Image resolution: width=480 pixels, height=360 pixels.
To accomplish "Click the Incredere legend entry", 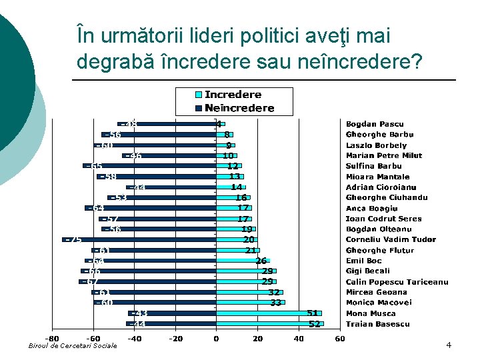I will coord(233,95).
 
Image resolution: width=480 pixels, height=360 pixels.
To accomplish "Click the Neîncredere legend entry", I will coord(239,108).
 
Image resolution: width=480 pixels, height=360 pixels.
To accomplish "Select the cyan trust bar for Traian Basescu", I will coord(269,324).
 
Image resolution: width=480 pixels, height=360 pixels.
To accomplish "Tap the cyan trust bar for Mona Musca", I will coord(269,313).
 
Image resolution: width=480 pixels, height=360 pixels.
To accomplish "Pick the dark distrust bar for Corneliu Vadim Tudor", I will coord(140,239).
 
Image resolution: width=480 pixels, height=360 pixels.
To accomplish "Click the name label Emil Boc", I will coord(363,261).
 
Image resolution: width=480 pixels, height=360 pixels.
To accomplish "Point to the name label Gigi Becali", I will coord(367,271).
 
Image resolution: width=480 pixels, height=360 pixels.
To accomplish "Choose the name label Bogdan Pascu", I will coord(374,124).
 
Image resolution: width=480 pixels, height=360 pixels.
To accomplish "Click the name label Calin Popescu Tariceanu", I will coord(397,282).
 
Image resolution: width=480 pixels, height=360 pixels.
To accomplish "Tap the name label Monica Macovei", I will coord(379,303).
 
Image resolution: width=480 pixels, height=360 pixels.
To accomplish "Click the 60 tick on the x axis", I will coord(339,339).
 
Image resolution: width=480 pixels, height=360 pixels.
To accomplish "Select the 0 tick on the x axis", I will coord(215,339).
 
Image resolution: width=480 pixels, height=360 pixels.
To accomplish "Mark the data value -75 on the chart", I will coord(73,239).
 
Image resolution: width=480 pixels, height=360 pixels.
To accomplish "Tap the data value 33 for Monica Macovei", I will coord(275,303).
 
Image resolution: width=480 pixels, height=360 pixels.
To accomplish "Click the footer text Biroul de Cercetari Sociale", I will coord(73,345).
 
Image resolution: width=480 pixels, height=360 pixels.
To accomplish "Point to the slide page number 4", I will coord(449,345).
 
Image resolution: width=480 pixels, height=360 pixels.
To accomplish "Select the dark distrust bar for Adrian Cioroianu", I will coord(172,187).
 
